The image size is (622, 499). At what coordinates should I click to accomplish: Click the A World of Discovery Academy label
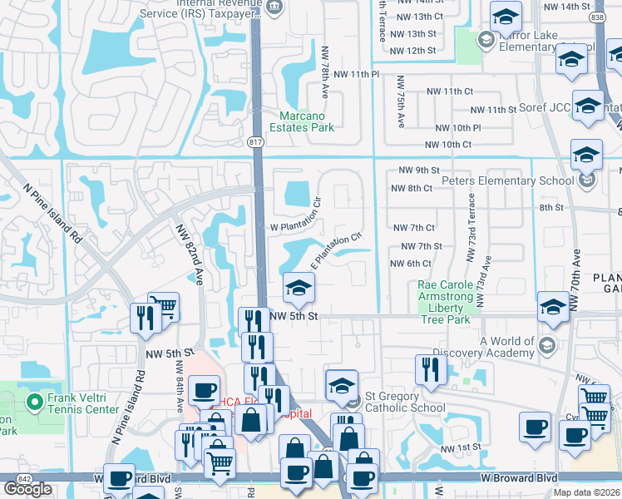pyautogui.click(x=507, y=347)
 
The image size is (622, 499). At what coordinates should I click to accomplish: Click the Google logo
pyautogui.click(x=28, y=489)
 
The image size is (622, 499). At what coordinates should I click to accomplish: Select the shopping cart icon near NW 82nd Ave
pyautogui.click(x=163, y=307)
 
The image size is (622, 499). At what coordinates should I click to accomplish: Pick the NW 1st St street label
pyautogui.click(x=462, y=448)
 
